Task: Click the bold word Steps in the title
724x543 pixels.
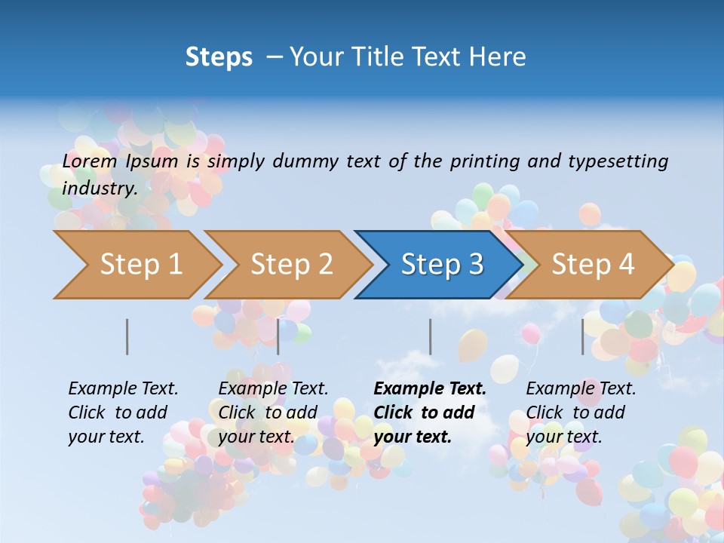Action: [219, 57]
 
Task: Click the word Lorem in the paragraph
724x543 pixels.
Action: [89, 161]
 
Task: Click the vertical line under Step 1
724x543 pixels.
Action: [127, 336]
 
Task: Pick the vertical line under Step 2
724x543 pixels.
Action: [278, 336]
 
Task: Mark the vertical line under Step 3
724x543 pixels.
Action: [431, 336]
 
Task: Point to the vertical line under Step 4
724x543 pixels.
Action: [583, 336]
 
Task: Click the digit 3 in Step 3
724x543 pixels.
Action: [475, 265]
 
